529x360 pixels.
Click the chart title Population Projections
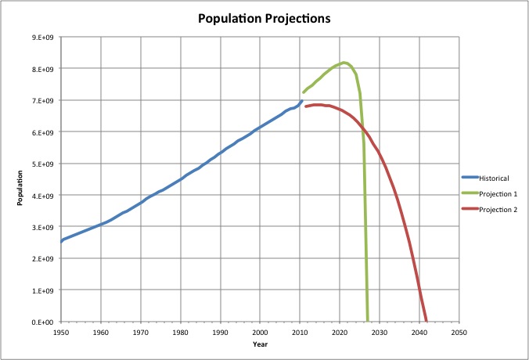(265, 17)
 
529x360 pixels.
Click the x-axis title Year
(260, 344)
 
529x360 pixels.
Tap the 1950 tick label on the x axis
(61, 332)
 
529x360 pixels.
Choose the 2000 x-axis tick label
(260, 332)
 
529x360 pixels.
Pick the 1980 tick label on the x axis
(180, 332)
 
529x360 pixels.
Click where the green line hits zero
(368, 320)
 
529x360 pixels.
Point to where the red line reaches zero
(426, 320)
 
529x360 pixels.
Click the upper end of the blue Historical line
(301, 100)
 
